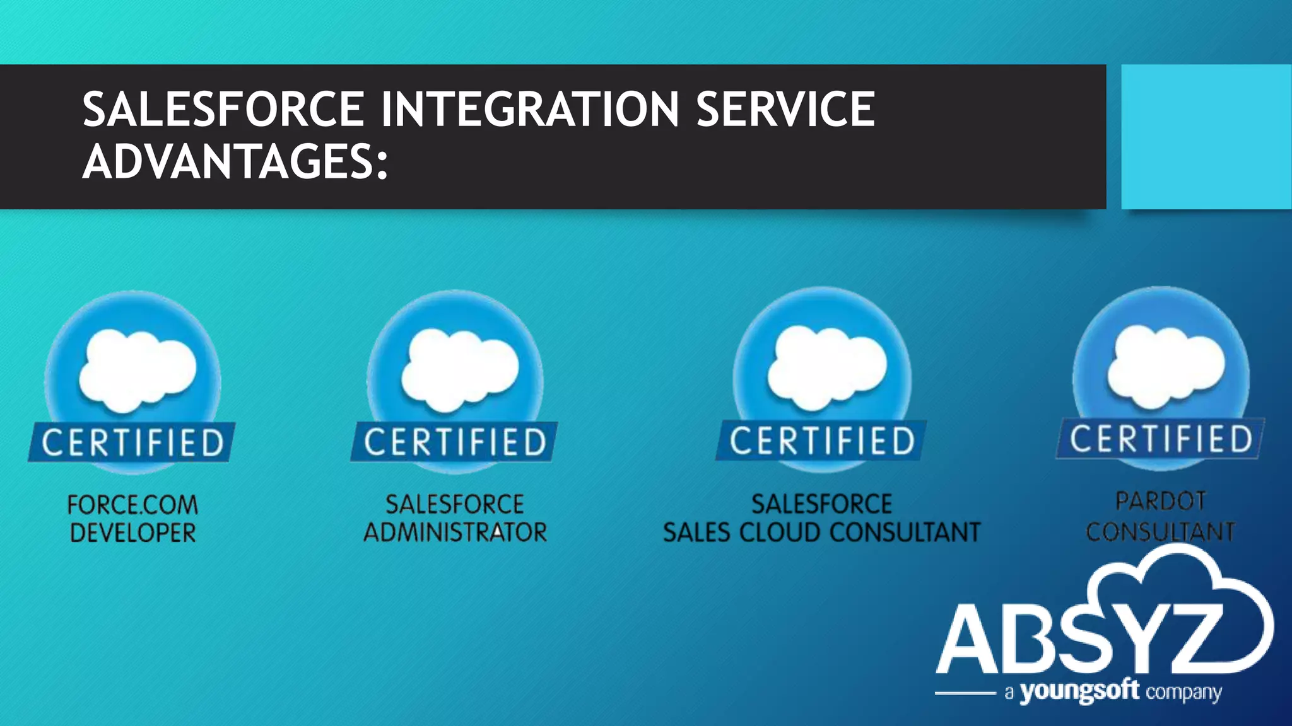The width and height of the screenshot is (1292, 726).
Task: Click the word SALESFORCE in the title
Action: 223,109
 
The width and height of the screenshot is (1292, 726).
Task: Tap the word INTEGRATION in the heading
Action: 530,109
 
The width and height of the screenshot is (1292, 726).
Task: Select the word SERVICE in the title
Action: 785,109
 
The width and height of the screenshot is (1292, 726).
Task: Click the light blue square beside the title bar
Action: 1206,136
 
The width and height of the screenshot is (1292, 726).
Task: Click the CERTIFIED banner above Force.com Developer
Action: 132,442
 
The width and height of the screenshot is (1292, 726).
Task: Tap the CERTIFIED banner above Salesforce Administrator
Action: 455,441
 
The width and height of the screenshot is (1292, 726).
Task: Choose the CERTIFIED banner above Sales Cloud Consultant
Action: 822,440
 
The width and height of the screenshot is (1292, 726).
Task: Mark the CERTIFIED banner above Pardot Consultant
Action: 1161,438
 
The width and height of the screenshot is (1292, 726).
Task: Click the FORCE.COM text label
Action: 132,505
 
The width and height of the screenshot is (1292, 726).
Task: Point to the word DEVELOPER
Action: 132,533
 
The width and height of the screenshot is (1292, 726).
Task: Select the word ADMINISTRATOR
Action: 455,533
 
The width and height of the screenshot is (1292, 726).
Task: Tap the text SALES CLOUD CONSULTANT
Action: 821,533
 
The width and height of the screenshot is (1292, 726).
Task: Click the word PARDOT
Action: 1161,502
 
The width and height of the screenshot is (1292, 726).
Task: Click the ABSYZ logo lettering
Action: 1079,640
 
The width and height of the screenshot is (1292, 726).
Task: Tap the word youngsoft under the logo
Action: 1079,691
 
